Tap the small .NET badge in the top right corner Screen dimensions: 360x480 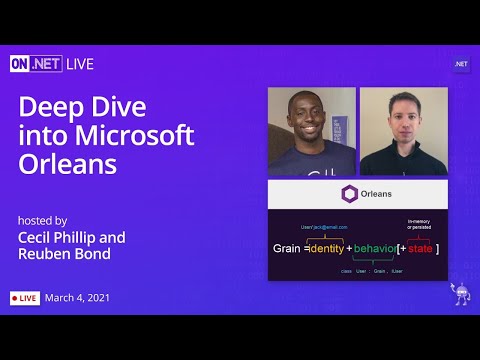tap(461, 63)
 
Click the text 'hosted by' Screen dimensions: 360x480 tap(41, 219)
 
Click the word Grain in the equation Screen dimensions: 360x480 tap(289, 247)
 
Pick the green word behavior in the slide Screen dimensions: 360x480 tap(376, 247)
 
